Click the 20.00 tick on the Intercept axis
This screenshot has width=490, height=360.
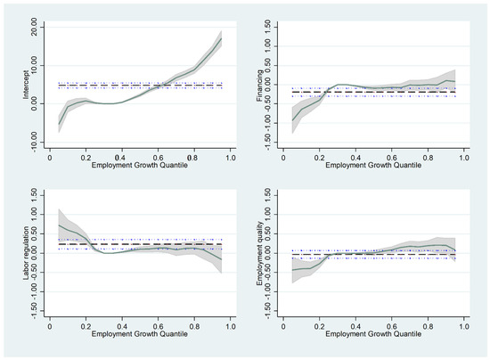coord(34,28)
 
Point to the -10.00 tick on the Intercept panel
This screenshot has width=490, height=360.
coord(34,143)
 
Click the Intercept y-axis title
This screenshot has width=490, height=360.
coord(26,85)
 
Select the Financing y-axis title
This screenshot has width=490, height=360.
coord(259,86)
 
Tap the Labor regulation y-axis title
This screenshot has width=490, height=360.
coord(26,253)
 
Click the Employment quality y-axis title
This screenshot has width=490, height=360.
coord(259,253)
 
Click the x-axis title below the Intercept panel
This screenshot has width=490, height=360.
coord(139,165)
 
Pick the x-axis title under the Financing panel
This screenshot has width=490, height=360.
coord(373,165)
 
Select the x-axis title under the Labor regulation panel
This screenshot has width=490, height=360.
coord(139,334)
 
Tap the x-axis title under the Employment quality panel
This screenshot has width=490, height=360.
coord(373,334)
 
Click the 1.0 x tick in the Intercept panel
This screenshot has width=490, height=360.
coord(231,158)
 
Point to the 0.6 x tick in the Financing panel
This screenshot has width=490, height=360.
coord(392,158)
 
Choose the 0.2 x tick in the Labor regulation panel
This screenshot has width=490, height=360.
coord(86,326)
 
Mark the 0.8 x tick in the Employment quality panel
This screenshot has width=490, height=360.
coord(428,326)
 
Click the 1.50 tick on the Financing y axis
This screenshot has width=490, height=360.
coord(267,28)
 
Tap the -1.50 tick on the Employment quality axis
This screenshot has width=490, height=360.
coord(267,311)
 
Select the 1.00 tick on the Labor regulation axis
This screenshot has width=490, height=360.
coord(34,215)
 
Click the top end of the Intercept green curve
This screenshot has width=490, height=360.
coord(222,38)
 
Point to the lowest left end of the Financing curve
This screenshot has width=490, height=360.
coord(292,120)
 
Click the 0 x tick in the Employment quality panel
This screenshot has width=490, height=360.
coord(283,326)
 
